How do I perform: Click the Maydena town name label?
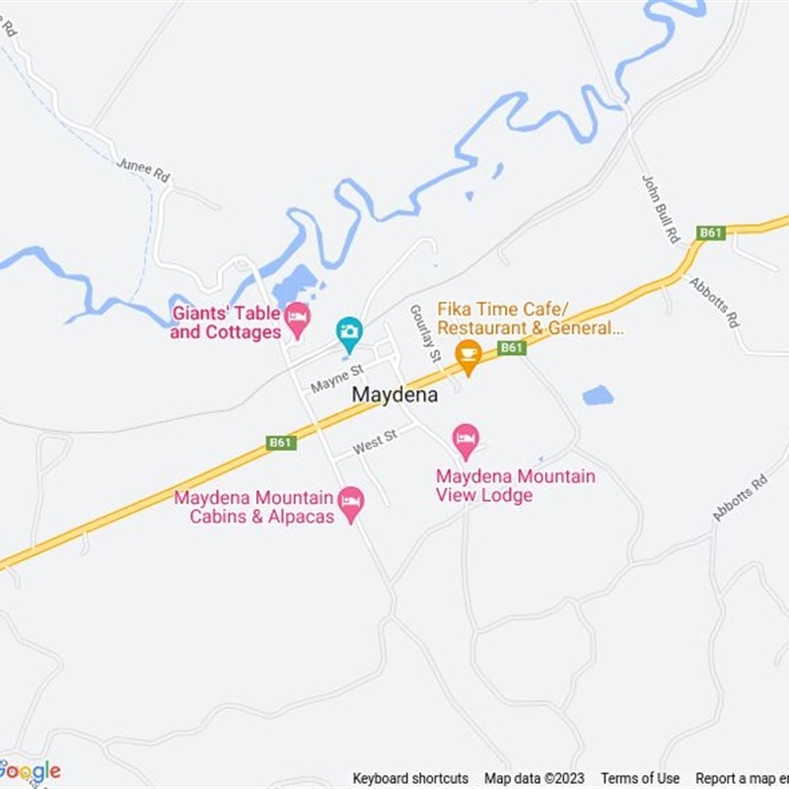coord(395,394)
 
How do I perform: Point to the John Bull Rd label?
coord(662,208)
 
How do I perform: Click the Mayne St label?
coord(336,378)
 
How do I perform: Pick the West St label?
coord(375,443)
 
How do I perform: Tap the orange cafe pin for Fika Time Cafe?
coord(468,356)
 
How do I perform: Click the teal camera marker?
coord(348,333)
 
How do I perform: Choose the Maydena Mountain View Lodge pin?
coord(466,440)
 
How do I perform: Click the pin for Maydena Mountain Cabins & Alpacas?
coord(350,503)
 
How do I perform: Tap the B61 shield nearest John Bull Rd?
coord(710,233)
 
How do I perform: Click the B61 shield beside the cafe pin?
coord(511,348)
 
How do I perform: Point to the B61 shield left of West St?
coord(281,443)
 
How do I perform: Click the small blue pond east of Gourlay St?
coord(598,395)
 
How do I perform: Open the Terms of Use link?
coord(640,778)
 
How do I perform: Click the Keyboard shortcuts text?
coord(410,778)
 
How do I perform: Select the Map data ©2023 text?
coord(535,778)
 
